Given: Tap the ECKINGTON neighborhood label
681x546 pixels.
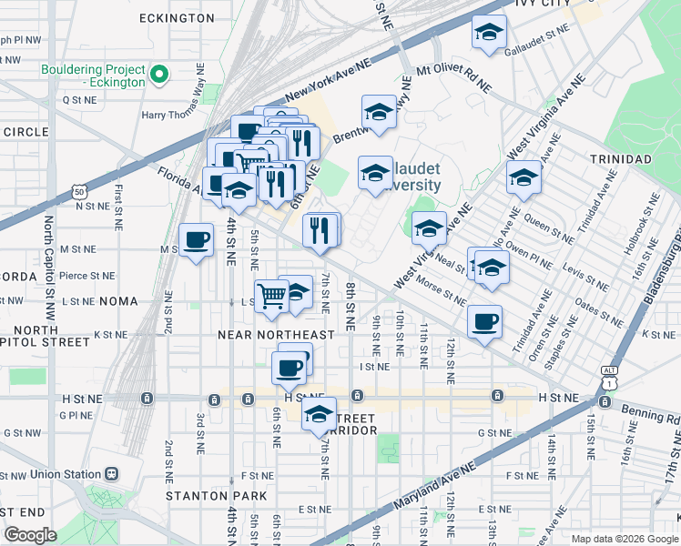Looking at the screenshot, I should (177, 18).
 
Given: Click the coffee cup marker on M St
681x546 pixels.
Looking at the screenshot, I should (196, 241).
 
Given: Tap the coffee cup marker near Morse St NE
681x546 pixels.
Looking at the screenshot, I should (484, 321).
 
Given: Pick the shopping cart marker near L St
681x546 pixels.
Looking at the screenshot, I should (271, 297).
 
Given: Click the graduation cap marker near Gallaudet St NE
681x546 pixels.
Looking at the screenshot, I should (489, 33).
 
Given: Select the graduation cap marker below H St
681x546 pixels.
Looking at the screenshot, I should (319, 414).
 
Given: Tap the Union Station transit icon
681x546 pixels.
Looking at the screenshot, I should (112, 474).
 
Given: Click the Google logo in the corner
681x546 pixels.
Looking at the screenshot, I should (31, 535).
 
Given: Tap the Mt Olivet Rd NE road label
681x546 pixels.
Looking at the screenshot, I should (453, 80).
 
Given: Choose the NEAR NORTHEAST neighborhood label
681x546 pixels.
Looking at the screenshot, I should (276, 335).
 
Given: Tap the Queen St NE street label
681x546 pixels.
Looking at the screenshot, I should (549, 227).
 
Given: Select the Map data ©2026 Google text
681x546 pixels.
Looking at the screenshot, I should (623, 538).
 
